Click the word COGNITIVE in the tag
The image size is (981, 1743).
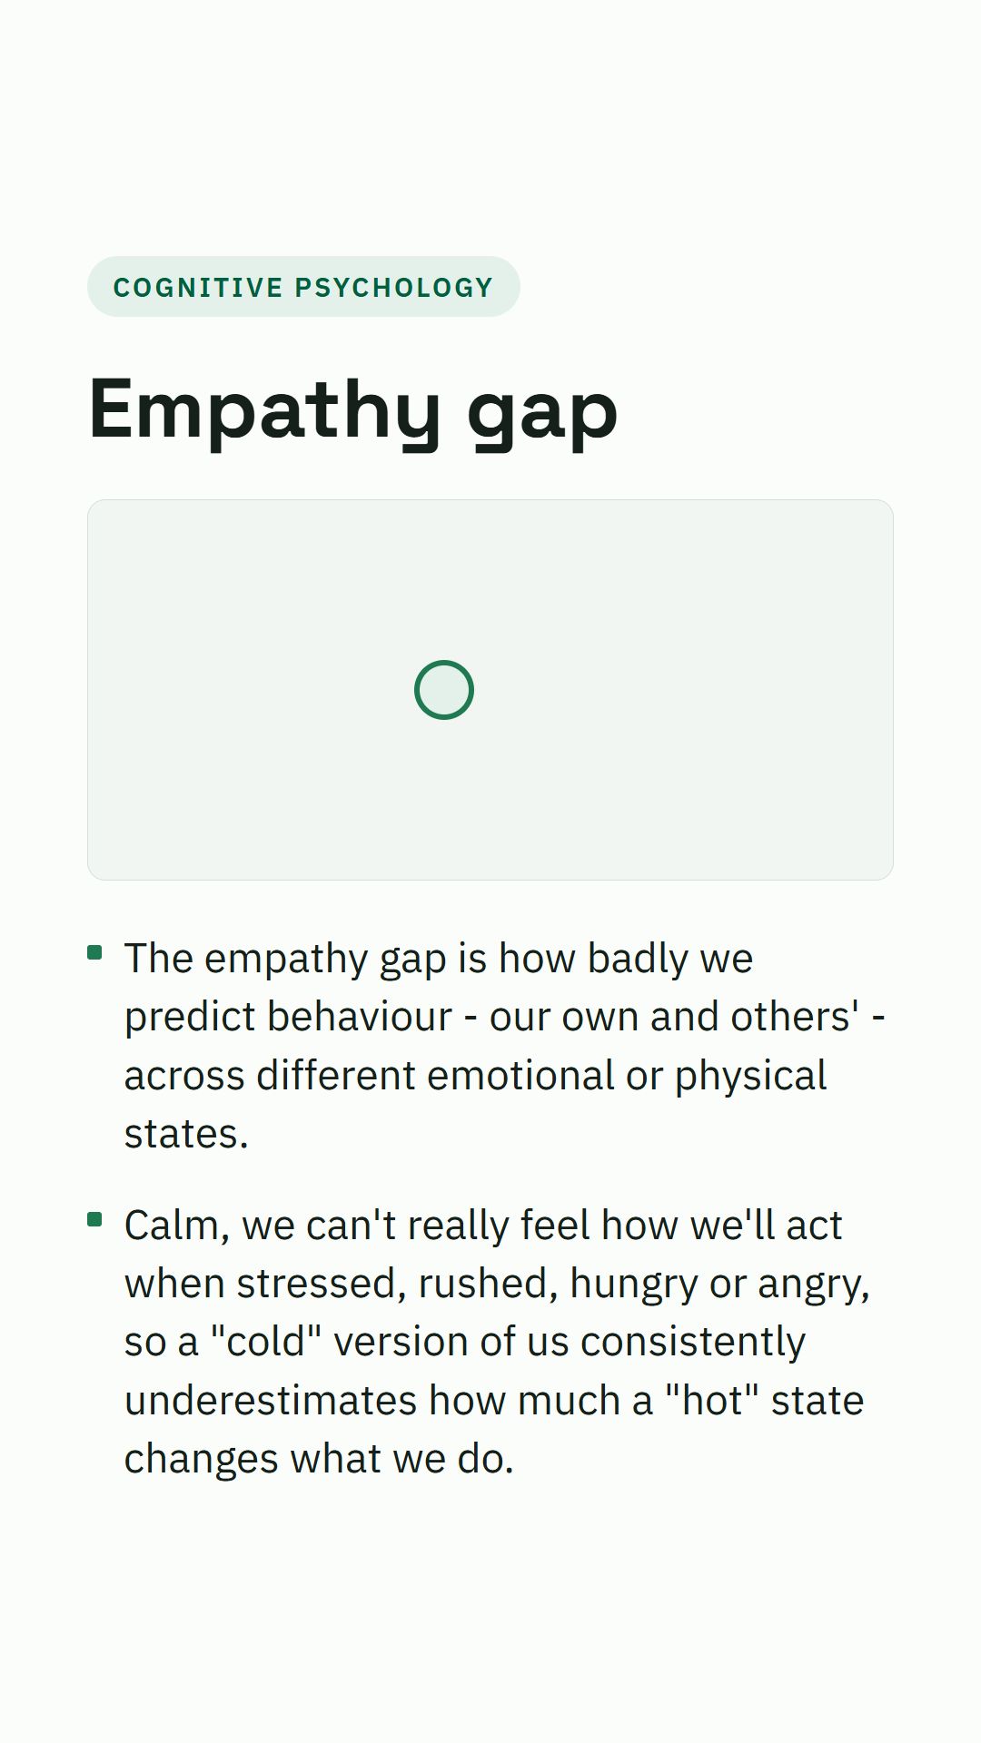tap(198, 288)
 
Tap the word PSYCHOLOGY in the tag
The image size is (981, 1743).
tap(394, 288)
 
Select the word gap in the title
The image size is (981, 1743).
tap(542, 417)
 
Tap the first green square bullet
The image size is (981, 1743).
tap(94, 952)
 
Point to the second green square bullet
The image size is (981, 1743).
tap(94, 1219)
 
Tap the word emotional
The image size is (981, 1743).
tap(520, 1076)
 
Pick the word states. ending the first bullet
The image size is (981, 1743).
tap(186, 1135)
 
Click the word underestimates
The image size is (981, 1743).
tap(271, 1401)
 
